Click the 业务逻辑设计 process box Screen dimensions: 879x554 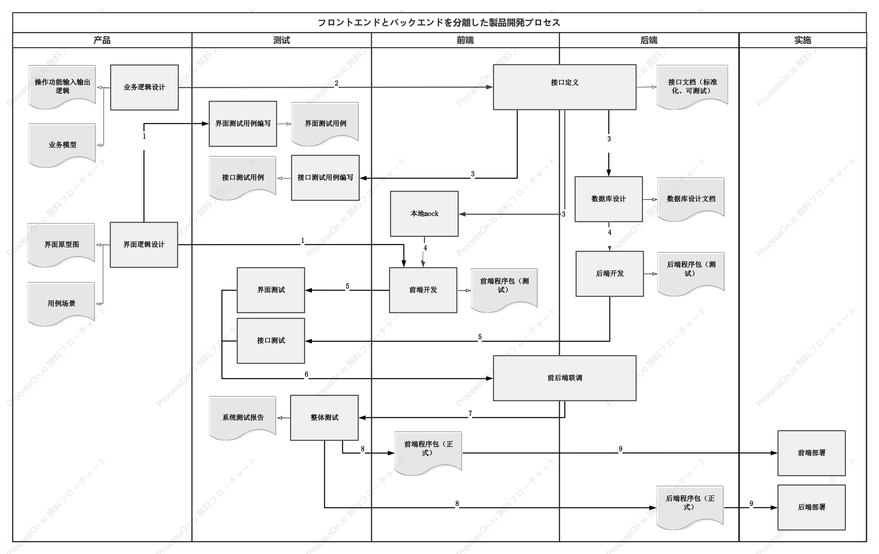point(144,87)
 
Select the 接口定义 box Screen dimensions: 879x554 point(564,87)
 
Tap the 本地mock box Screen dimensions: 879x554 point(424,214)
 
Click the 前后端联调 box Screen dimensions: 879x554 point(564,378)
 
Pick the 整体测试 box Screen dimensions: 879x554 point(324,417)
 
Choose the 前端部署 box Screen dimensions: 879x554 point(811,453)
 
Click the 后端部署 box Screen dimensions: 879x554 point(811,507)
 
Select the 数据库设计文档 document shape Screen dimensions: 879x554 point(691,199)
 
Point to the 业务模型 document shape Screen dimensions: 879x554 point(62,145)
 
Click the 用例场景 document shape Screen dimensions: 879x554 point(61,304)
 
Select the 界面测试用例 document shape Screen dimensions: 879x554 point(325,124)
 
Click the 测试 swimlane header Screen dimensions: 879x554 point(282,40)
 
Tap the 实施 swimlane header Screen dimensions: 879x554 point(803,40)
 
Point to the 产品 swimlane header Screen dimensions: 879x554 point(102,40)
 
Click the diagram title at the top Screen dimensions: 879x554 point(439,23)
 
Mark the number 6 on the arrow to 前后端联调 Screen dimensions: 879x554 point(306,374)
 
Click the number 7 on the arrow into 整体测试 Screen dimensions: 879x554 point(470,413)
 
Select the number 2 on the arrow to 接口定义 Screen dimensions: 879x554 point(337,83)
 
